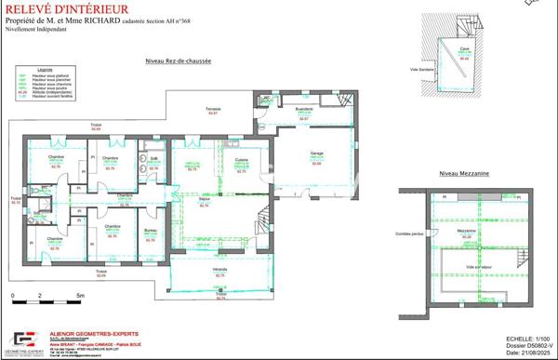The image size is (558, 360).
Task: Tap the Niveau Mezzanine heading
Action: pyautogui.click(x=464, y=174)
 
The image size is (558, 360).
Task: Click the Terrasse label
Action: pyautogui.click(x=213, y=110)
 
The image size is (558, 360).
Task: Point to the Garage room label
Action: pyautogui.click(x=316, y=153)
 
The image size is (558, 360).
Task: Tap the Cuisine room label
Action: pyautogui.click(x=241, y=160)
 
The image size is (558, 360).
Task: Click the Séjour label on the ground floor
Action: pyautogui.click(x=204, y=199)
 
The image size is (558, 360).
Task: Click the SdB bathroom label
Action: pyautogui.click(x=154, y=160)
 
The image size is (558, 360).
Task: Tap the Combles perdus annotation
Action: pyautogui.click(x=408, y=233)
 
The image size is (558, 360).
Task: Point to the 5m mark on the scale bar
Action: pyautogui.click(x=80, y=296)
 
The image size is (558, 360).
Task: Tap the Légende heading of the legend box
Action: pyautogui.click(x=45, y=69)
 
